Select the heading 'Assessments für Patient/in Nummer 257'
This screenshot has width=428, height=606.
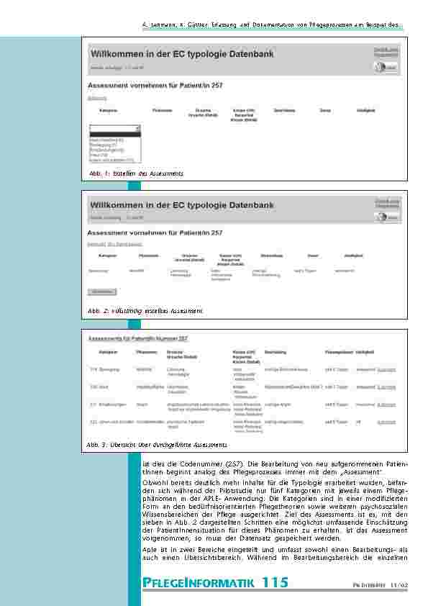[x=138, y=338]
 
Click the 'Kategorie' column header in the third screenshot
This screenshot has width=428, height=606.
[x=109, y=351]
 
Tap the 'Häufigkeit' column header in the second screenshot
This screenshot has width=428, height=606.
[x=353, y=255]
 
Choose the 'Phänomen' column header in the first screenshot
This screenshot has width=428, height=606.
[x=162, y=110]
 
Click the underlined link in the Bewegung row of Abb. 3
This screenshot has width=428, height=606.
[x=386, y=369]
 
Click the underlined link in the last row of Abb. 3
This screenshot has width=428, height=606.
[x=386, y=422]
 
